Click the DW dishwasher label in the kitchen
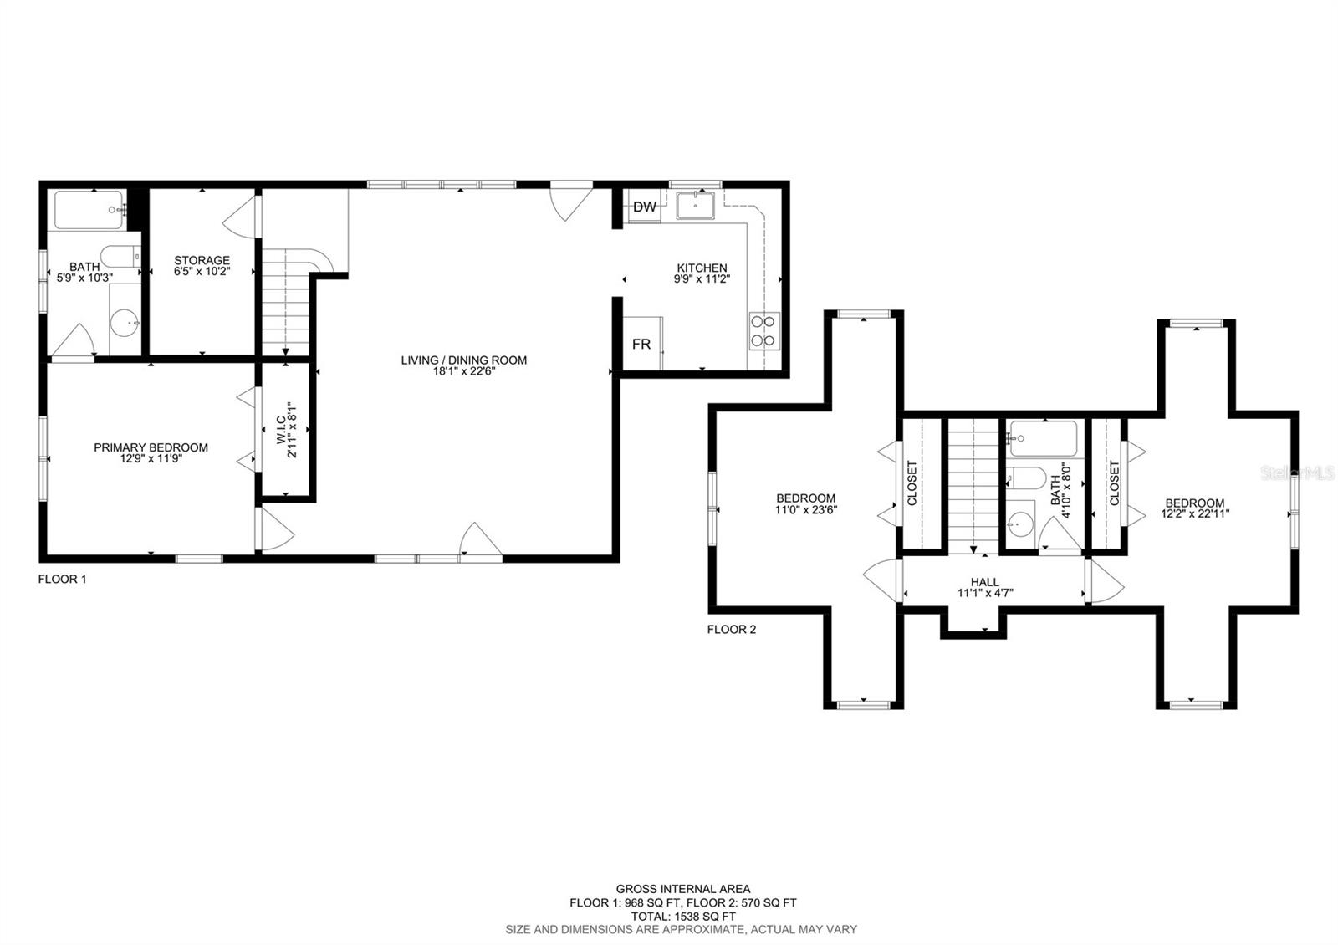(x=645, y=207)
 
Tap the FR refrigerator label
(x=641, y=344)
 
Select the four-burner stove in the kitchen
(x=764, y=331)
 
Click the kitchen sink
(x=695, y=206)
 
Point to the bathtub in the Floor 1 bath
(x=89, y=210)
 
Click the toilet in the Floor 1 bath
(x=120, y=257)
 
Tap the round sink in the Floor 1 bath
(x=125, y=323)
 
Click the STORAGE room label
(x=202, y=260)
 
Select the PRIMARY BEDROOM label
(x=151, y=447)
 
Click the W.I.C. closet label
(x=281, y=430)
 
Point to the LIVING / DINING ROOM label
(x=464, y=360)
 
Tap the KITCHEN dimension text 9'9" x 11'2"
(x=702, y=278)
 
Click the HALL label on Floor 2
(x=985, y=582)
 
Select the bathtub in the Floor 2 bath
(x=1043, y=439)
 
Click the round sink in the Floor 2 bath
(x=1021, y=524)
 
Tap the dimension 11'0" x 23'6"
(x=806, y=509)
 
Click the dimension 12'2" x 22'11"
(x=1195, y=513)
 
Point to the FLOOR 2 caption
(x=732, y=630)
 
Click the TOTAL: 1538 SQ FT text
(x=683, y=917)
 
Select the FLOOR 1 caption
(x=62, y=579)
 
